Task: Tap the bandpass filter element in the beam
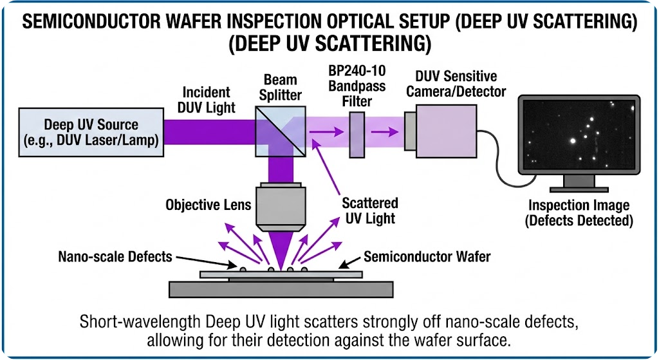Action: [357, 135]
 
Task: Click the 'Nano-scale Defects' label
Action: [115, 256]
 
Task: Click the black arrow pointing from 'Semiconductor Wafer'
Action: [348, 261]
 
